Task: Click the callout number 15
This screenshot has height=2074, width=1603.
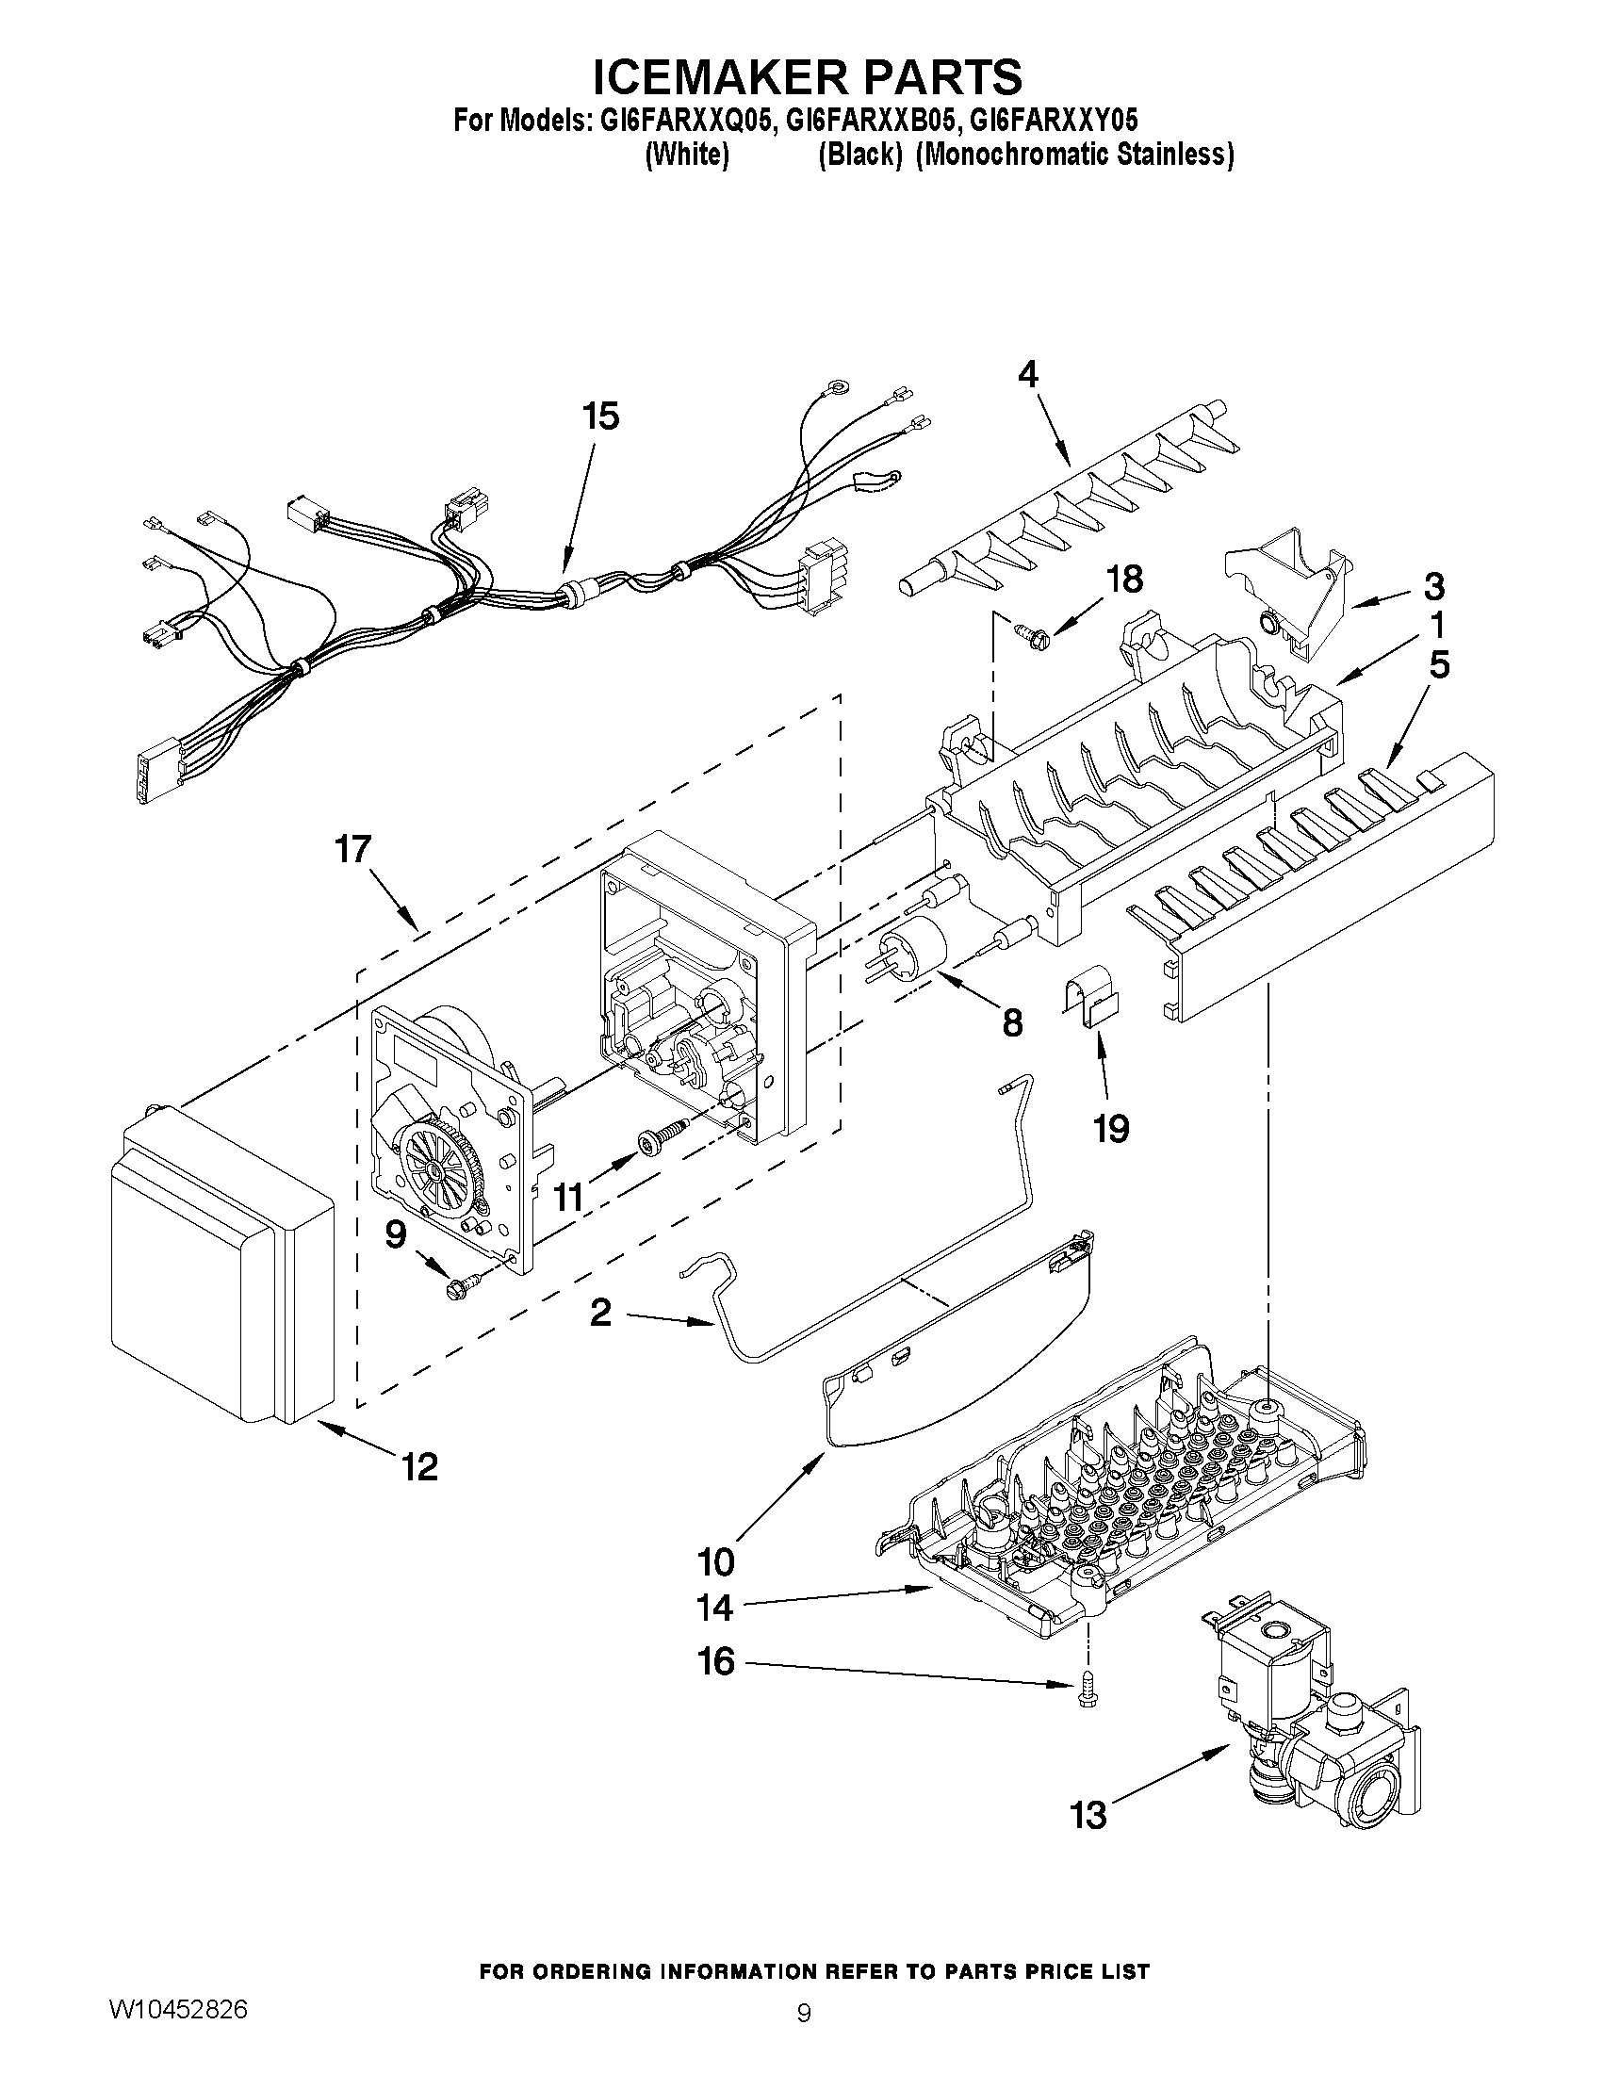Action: pos(600,416)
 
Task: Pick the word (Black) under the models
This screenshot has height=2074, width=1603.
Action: pos(859,155)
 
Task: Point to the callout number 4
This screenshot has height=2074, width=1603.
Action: pos(1028,376)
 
